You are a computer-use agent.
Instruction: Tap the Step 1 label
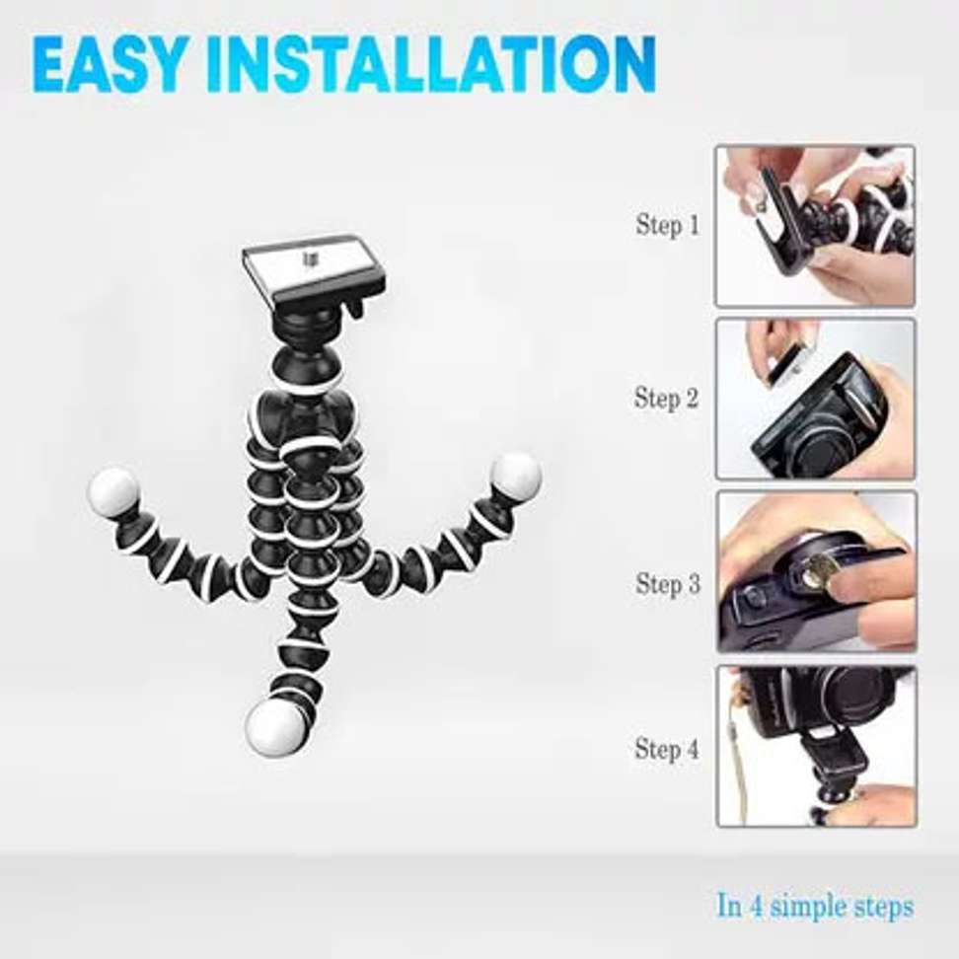[x=667, y=225]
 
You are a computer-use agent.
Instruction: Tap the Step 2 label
[x=667, y=399]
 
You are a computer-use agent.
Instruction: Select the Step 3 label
[x=667, y=583]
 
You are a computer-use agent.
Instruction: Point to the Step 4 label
[x=667, y=748]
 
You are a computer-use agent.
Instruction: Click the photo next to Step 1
[x=815, y=226]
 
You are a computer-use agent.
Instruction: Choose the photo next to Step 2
[x=815, y=399]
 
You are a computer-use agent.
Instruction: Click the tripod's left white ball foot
[x=112, y=491]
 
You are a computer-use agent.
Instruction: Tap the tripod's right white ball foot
[x=516, y=476]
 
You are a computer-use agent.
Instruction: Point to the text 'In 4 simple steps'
[x=815, y=906]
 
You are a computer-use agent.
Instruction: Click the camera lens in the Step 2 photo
[x=818, y=440]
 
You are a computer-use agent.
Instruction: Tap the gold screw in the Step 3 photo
[x=815, y=572]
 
